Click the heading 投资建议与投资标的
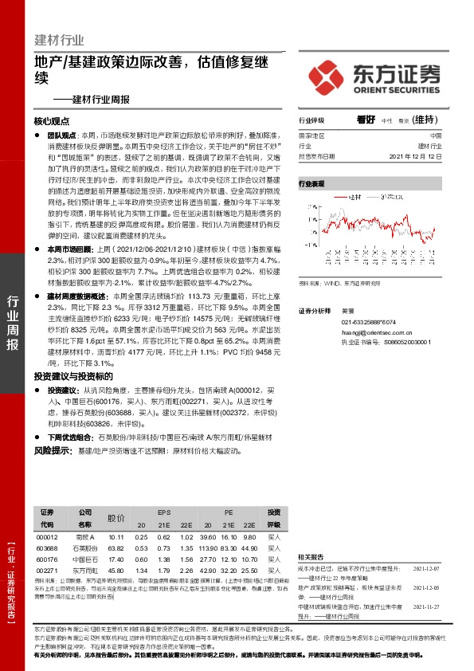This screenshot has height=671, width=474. (73, 376)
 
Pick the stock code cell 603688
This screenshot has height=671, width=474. (47, 548)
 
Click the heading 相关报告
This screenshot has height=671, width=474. (311, 556)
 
